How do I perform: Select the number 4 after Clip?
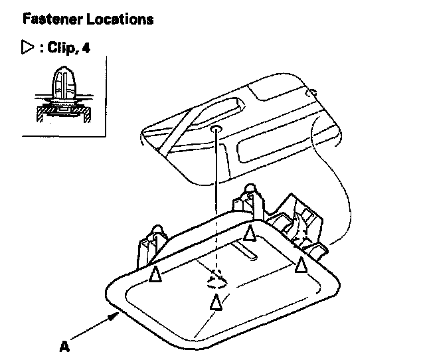pos(86,48)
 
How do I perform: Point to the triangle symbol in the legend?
pos(28,48)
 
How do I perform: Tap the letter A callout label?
pos(64,346)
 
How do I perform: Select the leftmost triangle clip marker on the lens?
pos(155,274)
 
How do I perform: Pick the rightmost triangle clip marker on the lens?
pos(301,264)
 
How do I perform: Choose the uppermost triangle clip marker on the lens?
pos(250,232)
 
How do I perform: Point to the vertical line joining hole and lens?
pos(216,199)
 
